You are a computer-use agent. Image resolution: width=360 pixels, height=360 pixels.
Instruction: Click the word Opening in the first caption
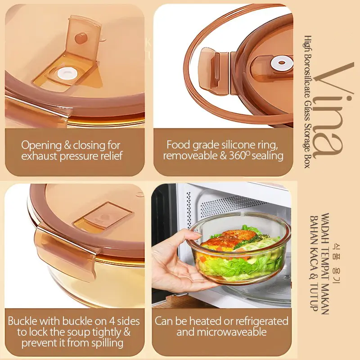(41, 145)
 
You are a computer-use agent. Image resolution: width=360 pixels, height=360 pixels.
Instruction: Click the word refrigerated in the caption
(262, 321)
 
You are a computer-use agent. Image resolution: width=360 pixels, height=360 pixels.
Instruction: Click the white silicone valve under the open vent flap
(65, 74)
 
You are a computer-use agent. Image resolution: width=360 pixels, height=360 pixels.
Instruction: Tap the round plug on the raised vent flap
(81, 38)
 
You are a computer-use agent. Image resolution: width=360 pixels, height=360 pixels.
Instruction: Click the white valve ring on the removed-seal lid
(282, 63)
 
